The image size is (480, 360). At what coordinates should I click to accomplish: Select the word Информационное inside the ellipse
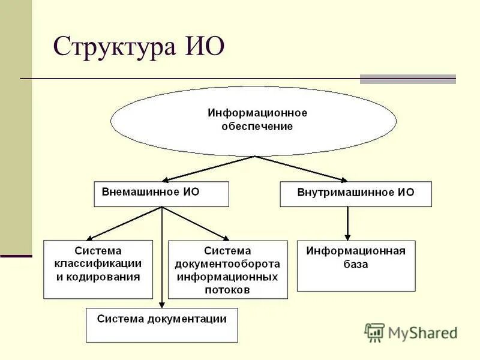257,113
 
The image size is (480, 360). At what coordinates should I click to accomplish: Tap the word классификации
98,263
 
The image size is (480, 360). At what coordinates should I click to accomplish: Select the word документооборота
227,264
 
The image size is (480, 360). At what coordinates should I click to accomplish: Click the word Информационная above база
356,251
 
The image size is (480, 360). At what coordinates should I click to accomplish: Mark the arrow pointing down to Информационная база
347,223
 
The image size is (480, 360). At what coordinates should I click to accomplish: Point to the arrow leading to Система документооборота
196,223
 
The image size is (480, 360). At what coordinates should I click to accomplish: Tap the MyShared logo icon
374,332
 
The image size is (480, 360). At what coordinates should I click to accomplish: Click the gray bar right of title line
407,79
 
